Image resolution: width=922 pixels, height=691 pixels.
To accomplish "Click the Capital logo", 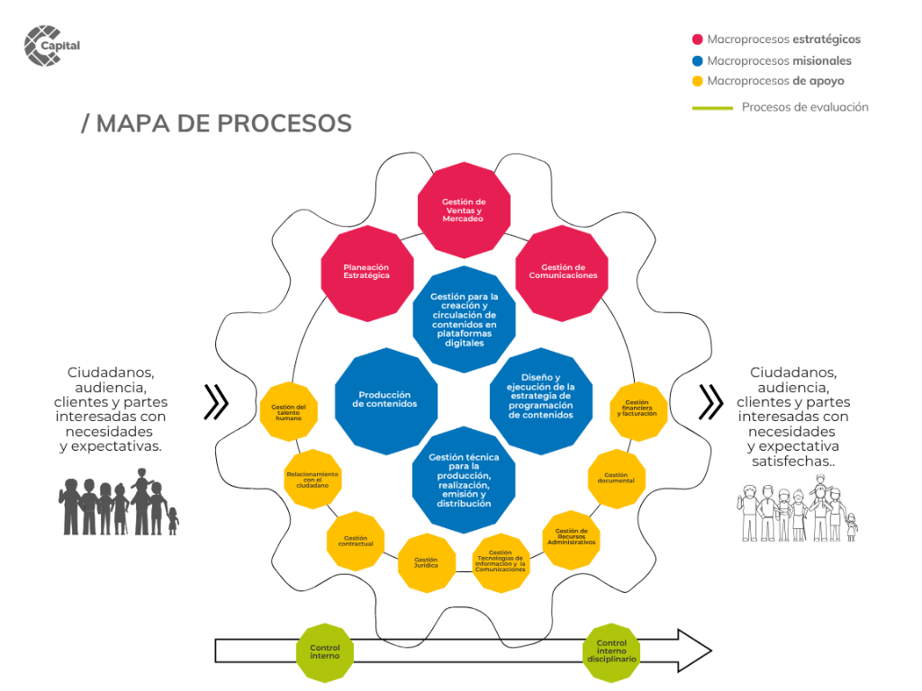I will point(51,46).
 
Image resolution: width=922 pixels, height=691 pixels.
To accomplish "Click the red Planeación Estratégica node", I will point(367,272).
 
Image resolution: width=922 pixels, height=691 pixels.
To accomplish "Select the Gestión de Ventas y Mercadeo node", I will point(464,211).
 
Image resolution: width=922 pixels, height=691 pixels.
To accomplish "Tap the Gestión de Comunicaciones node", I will point(563,272).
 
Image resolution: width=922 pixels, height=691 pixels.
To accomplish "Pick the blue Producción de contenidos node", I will point(386,399).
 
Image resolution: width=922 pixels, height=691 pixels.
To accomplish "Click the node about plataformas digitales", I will point(464,319).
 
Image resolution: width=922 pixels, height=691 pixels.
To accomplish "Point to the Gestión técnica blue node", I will point(464,480).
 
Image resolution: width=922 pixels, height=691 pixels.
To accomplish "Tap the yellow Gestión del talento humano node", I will point(288,412).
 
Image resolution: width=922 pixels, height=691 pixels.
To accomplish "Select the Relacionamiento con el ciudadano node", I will point(312,480).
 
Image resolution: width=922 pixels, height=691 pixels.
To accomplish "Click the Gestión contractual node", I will point(356,541).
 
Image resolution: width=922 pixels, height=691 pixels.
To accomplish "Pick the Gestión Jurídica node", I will point(427,563).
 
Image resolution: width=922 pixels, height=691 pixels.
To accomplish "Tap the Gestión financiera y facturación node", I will point(638,411).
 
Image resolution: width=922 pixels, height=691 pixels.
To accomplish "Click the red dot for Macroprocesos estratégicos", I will point(697,40).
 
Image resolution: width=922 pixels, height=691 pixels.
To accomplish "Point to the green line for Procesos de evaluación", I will point(712,108).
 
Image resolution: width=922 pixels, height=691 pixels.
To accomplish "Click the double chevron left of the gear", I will point(216,402).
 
